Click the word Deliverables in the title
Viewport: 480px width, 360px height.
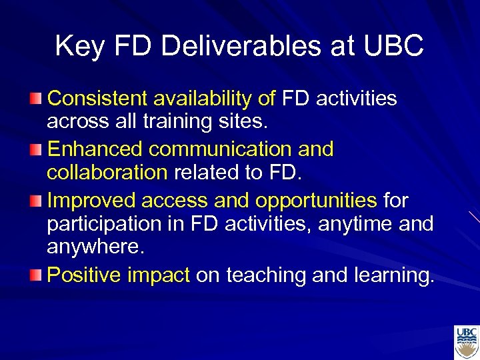pos(233,46)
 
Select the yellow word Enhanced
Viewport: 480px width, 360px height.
pos(93,149)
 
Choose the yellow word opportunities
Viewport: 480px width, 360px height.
pos(317,199)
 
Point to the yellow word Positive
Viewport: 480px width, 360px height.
pos(81,274)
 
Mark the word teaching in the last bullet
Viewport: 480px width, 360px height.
pos(269,274)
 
